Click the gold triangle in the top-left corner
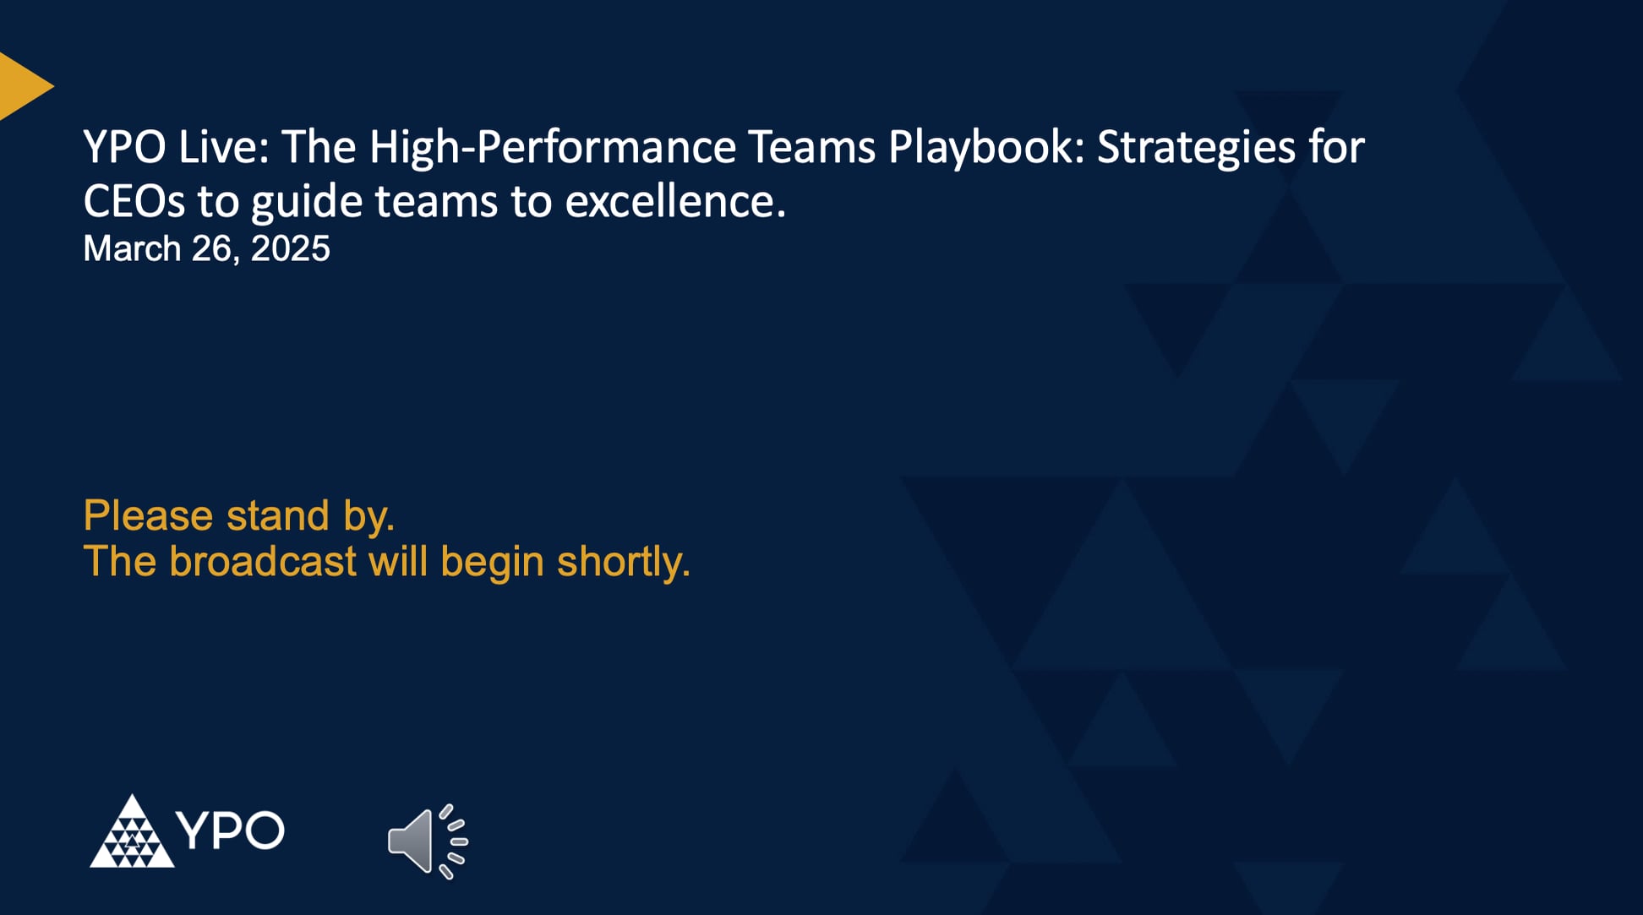[21, 86]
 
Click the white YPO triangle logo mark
[132, 832]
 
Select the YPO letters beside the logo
[231, 831]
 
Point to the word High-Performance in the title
[553, 147]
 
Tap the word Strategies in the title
[1196, 147]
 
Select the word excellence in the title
[674, 202]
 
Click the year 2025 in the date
[290, 249]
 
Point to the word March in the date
[132, 249]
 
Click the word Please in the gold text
[147, 515]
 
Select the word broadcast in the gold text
[263, 562]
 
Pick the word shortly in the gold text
[623, 562]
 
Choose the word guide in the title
[306, 202]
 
